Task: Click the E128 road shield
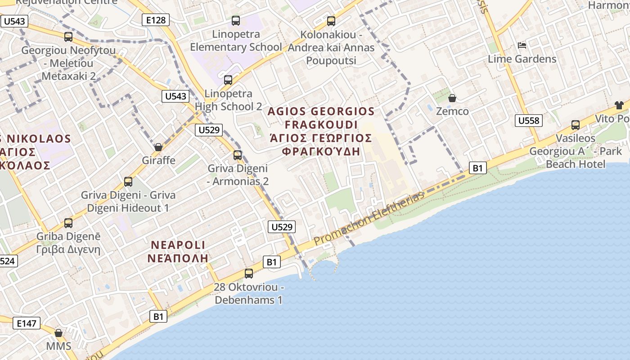tap(156, 20)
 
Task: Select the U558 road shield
tap(528, 121)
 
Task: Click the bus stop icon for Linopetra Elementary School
tap(236, 21)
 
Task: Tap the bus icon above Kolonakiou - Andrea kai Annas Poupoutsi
tap(331, 21)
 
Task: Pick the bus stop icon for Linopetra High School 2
tap(228, 81)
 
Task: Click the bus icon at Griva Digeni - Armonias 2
tap(238, 156)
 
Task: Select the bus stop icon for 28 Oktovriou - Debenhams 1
tap(248, 273)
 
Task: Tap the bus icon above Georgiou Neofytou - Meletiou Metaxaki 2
tap(68, 37)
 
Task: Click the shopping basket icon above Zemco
tap(452, 98)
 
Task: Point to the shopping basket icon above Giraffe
tap(158, 147)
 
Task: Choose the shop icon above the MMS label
tap(58, 333)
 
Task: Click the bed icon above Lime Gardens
tap(522, 45)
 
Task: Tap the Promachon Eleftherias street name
tap(369, 218)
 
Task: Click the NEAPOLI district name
tap(178, 245)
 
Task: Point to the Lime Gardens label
tap(522, 59)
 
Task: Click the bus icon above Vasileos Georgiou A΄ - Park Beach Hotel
tap(576, 125)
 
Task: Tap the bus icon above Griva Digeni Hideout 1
tap(128, 182)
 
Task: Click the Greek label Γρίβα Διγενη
tap(68, 249)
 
